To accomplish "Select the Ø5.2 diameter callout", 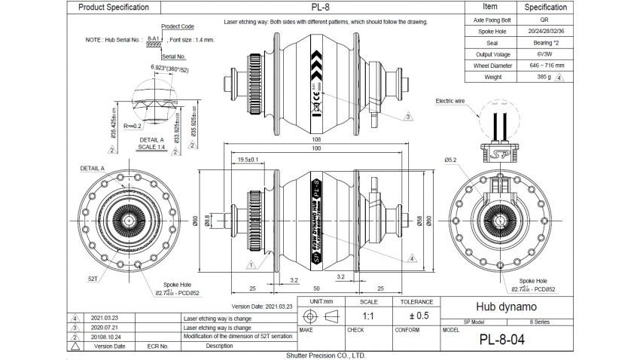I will click(x=451, y=160).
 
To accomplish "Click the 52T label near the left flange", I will click(x=93, y=278).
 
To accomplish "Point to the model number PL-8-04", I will click(x=502, y=340).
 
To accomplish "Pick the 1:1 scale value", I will click(x=369, y=316).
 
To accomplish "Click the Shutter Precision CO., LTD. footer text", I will click(x=325, y=355).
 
